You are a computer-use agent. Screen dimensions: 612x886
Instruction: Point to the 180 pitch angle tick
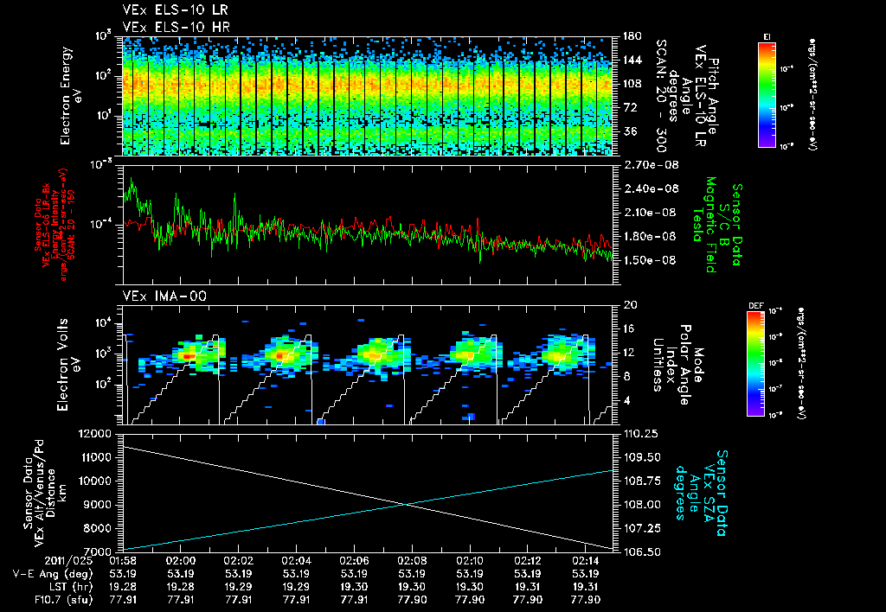630,36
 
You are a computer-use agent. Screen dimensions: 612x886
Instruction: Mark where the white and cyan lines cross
406,505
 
